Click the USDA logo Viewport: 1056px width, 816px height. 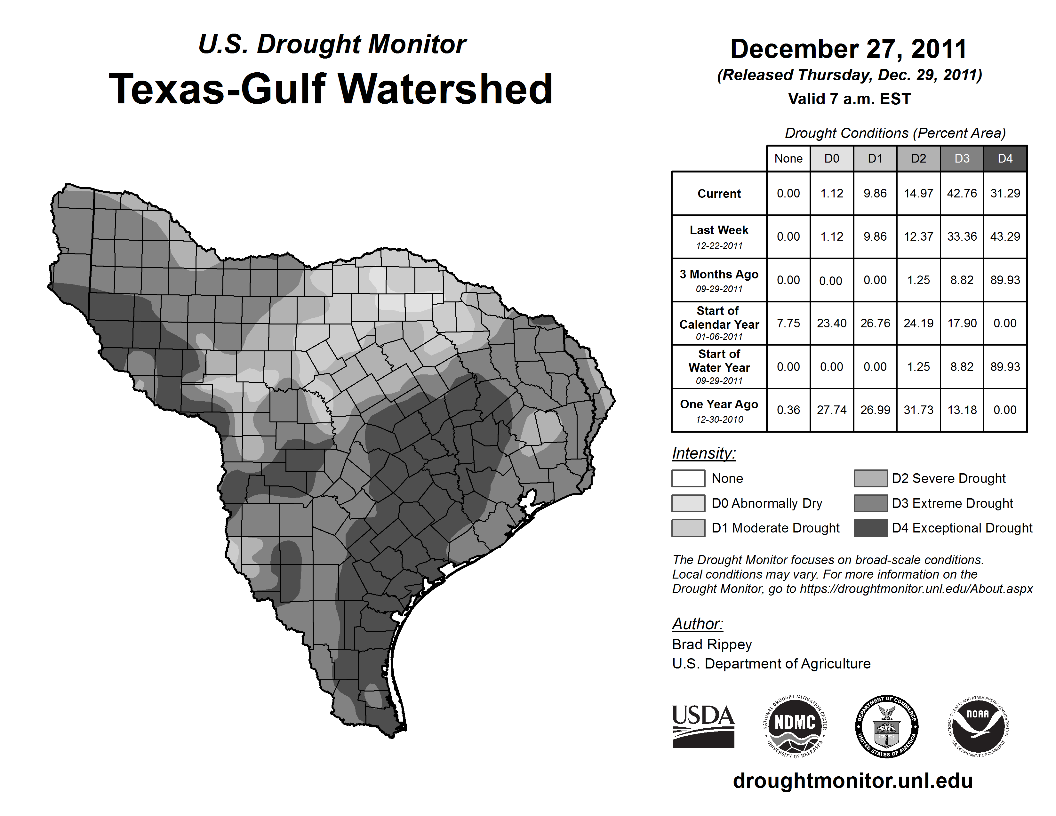(x=703, y=726)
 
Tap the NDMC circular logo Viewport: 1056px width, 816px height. (x=795, y=726)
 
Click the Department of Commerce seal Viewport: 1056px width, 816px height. (x=887, y=726)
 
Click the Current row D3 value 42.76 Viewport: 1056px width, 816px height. (x=962, y=193)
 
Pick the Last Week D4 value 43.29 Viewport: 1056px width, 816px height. (x=1005, y=236)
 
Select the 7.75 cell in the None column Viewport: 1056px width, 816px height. (x=788, y=323)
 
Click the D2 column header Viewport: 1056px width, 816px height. (x=918, y=158)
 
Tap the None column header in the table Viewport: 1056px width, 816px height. (x=788, y=158)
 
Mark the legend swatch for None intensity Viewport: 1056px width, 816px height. (x=688, y=478)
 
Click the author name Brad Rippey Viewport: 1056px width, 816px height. (x=712, y=644)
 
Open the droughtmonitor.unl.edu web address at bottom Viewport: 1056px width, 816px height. (x=852, y=781)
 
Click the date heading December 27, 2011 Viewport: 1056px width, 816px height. (x=849, y=49)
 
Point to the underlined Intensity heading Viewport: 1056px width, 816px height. (x=703, y=453)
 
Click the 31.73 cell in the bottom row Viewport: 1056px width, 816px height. (x=918, y=410)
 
